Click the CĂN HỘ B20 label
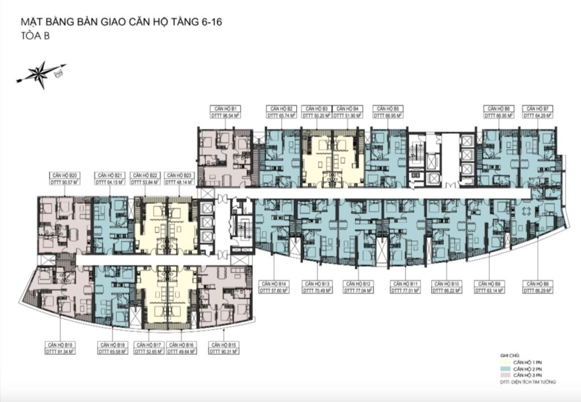tap(63, 175)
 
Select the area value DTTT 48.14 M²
tap(179, 183)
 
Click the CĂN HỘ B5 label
tap(388, 108)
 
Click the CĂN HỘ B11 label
tap(404, 282)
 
